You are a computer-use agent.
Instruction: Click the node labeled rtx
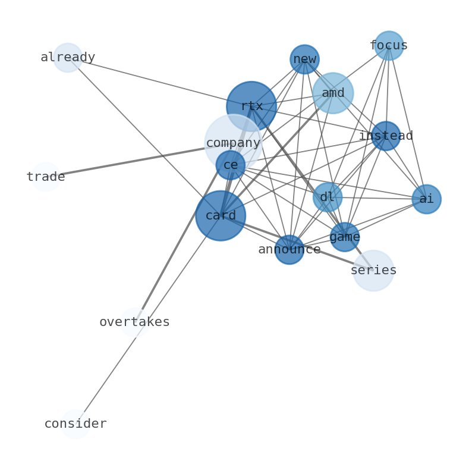click(251, 106)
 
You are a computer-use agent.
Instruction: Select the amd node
click(333, 93)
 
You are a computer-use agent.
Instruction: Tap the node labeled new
click(304, 59)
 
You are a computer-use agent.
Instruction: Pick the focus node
click(389, 46)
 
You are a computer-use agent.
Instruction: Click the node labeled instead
click(386, 136)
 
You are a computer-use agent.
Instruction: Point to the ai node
click(426, 199)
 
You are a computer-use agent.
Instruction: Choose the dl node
click(328, 198)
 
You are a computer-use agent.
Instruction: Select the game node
click(345, 237)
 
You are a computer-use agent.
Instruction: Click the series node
click(373, 271)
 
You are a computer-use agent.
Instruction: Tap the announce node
click(290, 250)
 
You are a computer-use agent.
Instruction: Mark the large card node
click(221, 215)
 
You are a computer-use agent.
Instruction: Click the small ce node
click(231, 165)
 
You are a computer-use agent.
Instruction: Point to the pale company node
click(233, 143)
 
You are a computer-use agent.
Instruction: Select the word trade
click(46, 177)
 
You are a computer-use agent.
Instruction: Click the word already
click(68, 58)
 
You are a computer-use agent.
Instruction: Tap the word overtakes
click(134, 322)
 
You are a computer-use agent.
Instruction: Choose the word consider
click(75, 424)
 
